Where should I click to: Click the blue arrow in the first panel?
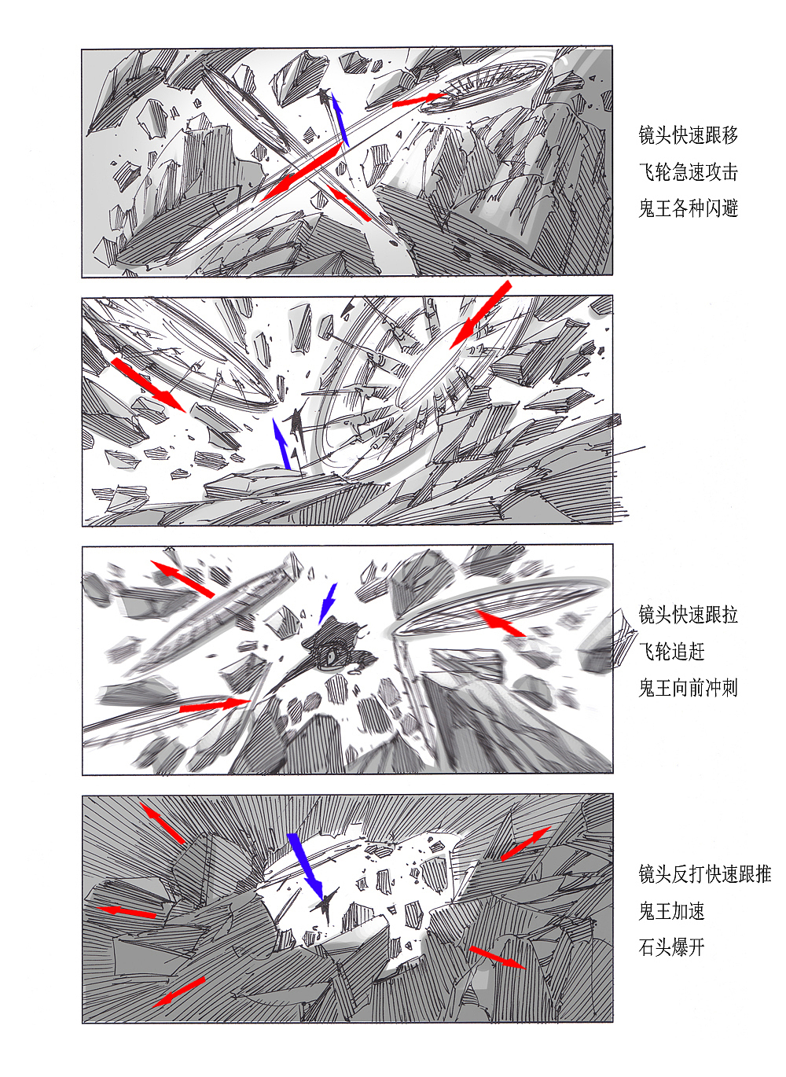pyautogui.click(x=339, y=119)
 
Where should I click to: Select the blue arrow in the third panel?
pyautogui.click(x=328, y=602)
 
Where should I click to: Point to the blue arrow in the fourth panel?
pyautogui.click(x=306, y=864)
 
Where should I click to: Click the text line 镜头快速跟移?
pyautogui.click(x=689, y=135)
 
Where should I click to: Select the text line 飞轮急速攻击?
pyautogui.click(x=689, y=172)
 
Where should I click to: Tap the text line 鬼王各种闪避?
pyautogui.click(x=689, y=208)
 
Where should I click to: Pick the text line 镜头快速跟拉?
pyautogui.click(x=689, y=615)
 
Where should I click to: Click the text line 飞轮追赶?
pyautogui.click(x=672, y=652)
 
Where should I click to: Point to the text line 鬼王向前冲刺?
pyautogui.click(x=689, y=688)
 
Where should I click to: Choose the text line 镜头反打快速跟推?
pyautogui.click(x=705, y=874)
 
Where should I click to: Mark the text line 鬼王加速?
pyautogui.click(x=672, y=911)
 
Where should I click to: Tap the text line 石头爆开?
pyautogui.click(x=672, y=947)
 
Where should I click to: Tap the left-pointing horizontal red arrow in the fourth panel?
pyautogui.click(x=126, y=911)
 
